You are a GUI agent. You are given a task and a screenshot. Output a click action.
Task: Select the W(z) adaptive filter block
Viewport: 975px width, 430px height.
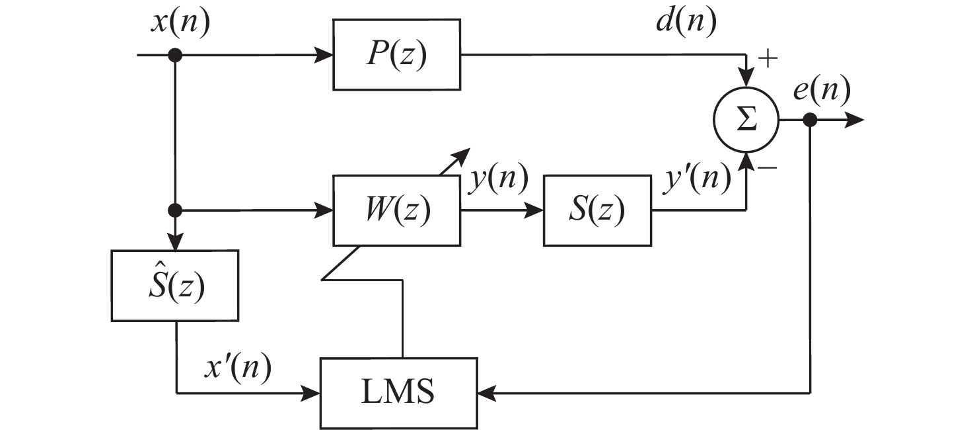tap(396, 210)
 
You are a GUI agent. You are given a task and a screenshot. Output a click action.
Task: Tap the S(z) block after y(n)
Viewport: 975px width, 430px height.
tap(597, 210)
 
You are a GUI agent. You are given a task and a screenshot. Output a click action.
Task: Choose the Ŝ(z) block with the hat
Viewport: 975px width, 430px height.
tap(175, 286)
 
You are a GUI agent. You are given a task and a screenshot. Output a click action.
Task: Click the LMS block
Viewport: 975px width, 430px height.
tap(398, 392)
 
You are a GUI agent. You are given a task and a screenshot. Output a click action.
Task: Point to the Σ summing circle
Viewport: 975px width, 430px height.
tap(746, 121)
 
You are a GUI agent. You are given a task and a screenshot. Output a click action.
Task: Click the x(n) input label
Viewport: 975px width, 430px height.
tap(180, 24)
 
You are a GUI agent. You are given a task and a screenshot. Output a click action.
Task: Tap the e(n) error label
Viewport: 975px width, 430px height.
tap(820, 89)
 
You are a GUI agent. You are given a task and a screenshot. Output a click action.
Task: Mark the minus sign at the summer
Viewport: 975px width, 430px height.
tap(767, 169)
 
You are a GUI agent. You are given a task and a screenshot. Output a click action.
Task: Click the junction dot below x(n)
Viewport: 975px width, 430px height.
tap(175, 56)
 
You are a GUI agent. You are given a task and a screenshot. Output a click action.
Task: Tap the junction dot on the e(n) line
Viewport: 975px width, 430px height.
tap(811, 120)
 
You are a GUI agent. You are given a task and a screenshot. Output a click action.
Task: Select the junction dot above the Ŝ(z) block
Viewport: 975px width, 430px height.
tap(175, 210)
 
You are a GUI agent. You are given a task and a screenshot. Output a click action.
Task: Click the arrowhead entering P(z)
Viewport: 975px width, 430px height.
tap(324, 56)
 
